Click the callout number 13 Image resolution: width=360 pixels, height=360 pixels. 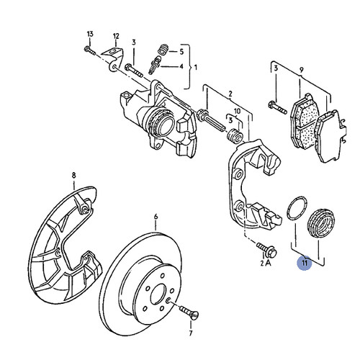click(x=90, y=35)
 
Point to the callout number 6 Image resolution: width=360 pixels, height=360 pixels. click(x=156, y=215)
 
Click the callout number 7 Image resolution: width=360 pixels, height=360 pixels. click(x=191, y=336)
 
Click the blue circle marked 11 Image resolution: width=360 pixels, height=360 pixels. click(x=305, y=264)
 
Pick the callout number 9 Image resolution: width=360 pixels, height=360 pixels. click(x=303, y=71)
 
